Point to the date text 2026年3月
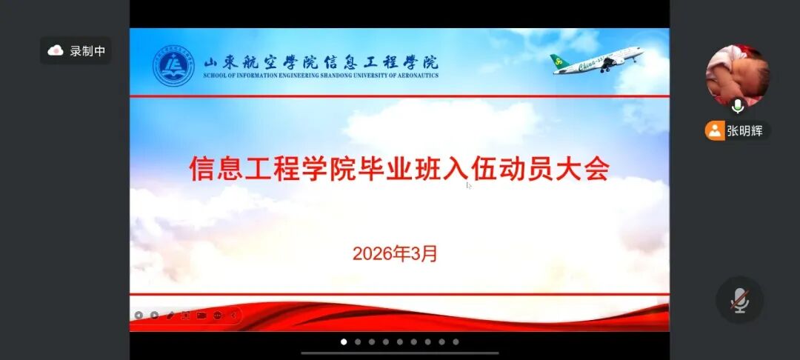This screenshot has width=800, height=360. (x=395, y=253)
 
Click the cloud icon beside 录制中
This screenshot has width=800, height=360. (x=56, y=50)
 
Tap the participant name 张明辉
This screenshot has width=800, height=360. (x=744, y=131)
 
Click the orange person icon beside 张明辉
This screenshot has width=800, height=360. (x=714, y=131)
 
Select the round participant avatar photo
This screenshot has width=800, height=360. (x=737, y=74)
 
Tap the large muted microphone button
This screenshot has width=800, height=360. (x=739, y=300)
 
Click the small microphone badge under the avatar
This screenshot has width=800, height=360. (x=737, y=107)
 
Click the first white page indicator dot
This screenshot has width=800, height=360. (x=344, y=341)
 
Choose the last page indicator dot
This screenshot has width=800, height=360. (x=456, y=341)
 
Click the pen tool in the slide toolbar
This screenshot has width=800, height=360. (x=170, y=315)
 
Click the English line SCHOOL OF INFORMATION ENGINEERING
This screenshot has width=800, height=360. (x=321, y=75)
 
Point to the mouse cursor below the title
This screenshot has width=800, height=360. (x=468, y=185)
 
